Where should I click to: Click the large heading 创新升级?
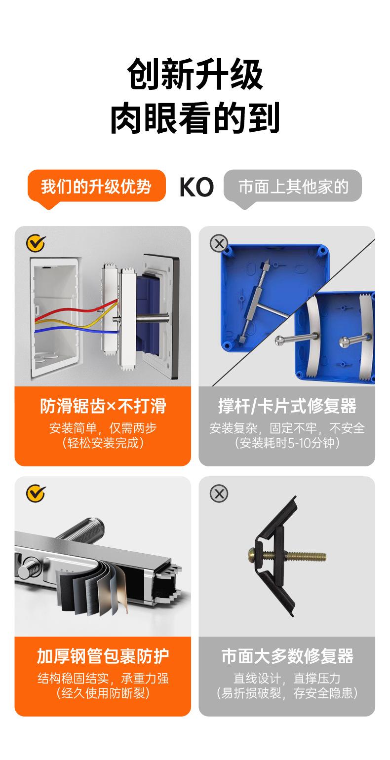(x=195, y=74)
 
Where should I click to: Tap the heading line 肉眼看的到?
(x=195, y=118)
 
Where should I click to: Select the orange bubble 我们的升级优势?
(x=96, y=187)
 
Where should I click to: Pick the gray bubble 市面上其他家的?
(x=293, y=187)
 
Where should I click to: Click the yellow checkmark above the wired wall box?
(x=35, y=243)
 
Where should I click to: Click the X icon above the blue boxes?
(x=219, y=243)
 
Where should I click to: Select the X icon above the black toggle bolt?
(x=219, y=493)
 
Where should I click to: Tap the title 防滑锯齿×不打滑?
(x=103, y=406)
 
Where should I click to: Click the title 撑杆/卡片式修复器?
(x=287, y=406)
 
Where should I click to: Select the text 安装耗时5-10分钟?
(x=287, y=443)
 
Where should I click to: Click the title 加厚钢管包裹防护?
(x=103, y=656)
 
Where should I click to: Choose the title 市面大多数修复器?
(x=287, y=656)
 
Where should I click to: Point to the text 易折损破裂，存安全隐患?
(x=287, y=693)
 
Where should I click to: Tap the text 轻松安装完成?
(x=103, y=443)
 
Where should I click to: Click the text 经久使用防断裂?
(x=103, y=693)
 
